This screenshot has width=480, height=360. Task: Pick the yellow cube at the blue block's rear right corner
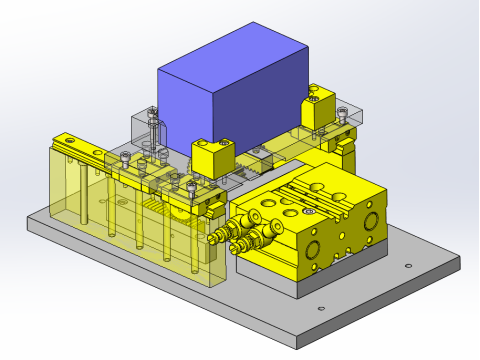(x=318, y=110)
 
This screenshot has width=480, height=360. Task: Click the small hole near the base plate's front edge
(x=320, y=307)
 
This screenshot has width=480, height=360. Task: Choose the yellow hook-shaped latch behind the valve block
(x=345, y=148)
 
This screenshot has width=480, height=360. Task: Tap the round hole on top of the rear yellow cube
(x=313, y=97)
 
